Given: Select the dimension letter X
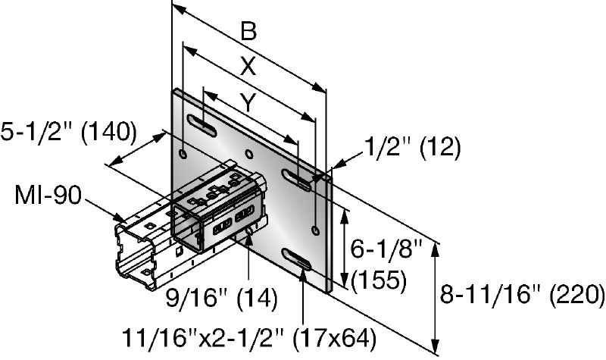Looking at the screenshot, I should [x=246, y=66].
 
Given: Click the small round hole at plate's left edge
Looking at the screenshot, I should [x=182, y=154].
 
